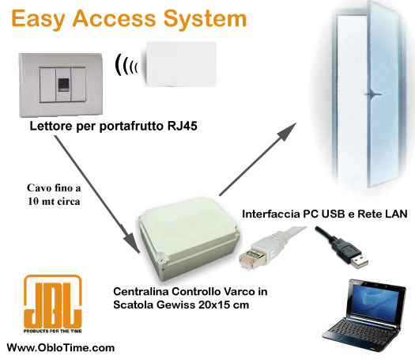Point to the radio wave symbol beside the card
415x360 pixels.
pyautogui.click(x=125, y=67)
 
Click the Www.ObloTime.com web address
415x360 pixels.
pyautogui.click(x=61, y=347)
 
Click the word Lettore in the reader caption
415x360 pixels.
pyautogui.click(x=50, y=127)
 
